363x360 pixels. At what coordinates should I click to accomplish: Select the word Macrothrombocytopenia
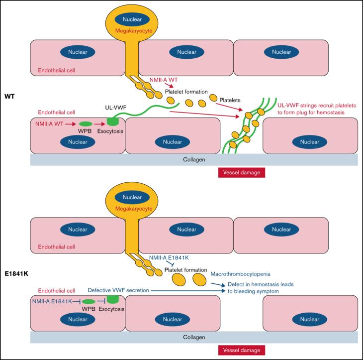pyautogui.click(x=240, y=274)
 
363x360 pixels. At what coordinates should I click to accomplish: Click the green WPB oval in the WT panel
pyautogui.click(x=86, y=123)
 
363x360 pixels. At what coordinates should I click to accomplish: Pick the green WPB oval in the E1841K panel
pyautogui.click(x=88, y=301)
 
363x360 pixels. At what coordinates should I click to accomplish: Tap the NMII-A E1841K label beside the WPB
pyautogui.click(x=52, y=301)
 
